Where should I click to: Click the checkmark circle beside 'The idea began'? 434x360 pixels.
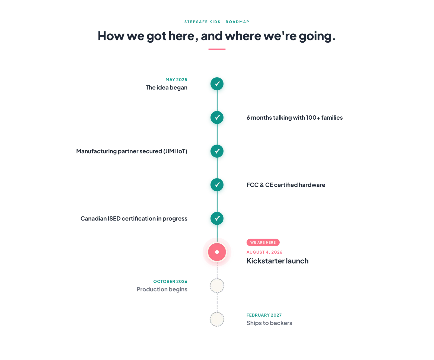point(217,84)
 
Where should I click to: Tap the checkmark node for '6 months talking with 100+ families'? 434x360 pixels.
point(217,117)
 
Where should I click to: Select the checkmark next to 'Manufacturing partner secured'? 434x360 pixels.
point(217,151)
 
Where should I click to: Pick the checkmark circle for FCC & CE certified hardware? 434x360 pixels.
point(217,185)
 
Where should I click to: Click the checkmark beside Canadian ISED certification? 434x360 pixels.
point(217,218)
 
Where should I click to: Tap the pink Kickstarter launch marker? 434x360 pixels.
point(217,252)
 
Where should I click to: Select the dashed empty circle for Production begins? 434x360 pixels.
point(217,286)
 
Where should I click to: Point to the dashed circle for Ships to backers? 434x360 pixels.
point(217,319)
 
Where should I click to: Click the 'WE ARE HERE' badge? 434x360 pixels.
point(263,243)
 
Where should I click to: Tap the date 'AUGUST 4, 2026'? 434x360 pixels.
point(264,252)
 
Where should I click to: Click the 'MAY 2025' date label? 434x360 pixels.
point(176,80)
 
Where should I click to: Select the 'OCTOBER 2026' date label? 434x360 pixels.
point(170,282)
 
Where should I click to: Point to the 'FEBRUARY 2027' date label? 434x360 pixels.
point(264,315)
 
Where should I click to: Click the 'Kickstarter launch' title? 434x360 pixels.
point(277,261)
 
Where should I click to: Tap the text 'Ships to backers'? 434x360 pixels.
point(269,323)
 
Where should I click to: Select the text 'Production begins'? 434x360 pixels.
point(162,289)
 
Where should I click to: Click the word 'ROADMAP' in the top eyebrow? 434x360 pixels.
point(237,22)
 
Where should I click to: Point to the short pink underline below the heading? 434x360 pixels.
point(217,49)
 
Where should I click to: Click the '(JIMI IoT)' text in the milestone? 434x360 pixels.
point(175,151)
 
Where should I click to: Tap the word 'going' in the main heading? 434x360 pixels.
point(315,36)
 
